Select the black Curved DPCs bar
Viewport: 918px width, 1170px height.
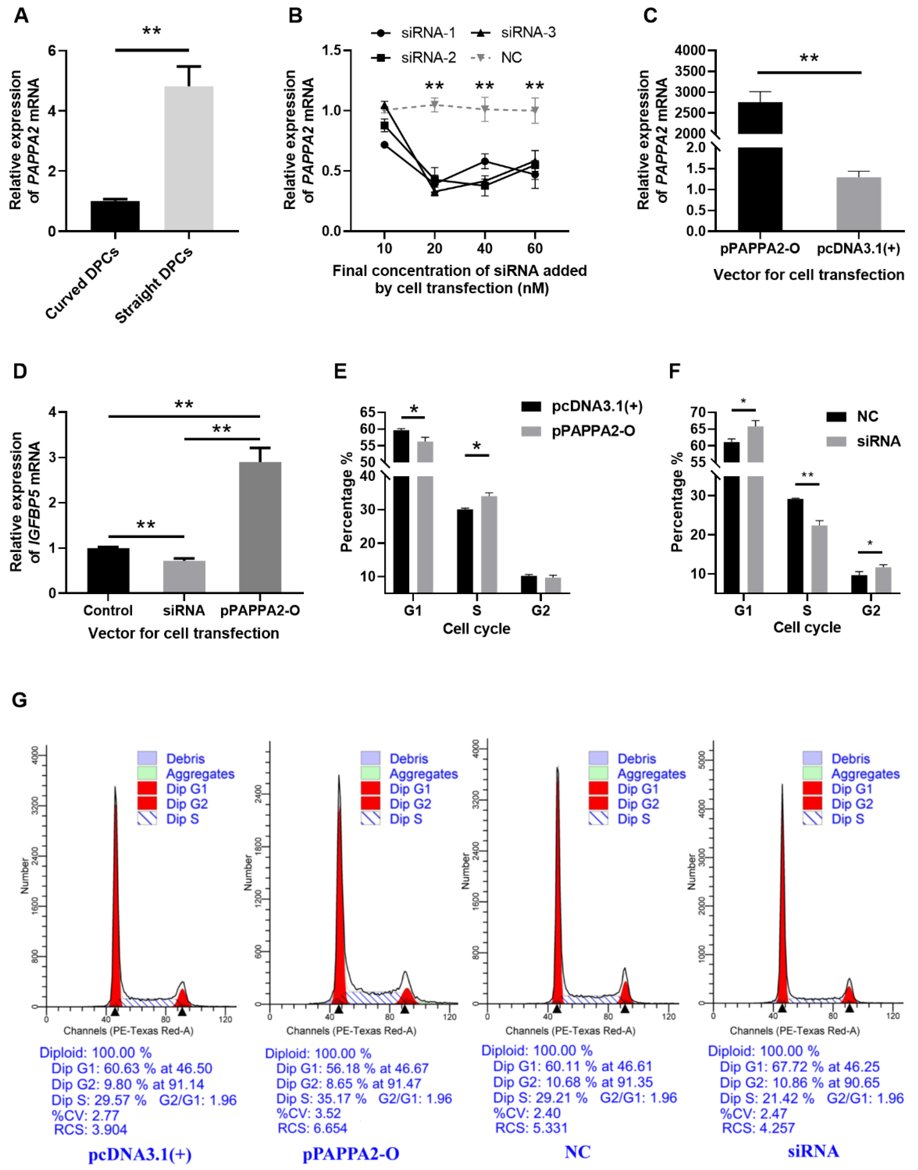[115, 216]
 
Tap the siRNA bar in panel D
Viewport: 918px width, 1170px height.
[184, 576]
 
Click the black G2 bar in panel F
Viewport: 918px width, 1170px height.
[859, 583]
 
